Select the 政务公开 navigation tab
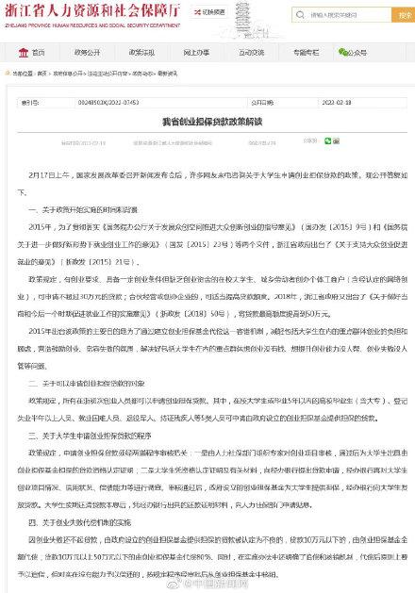pos(88,54)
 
